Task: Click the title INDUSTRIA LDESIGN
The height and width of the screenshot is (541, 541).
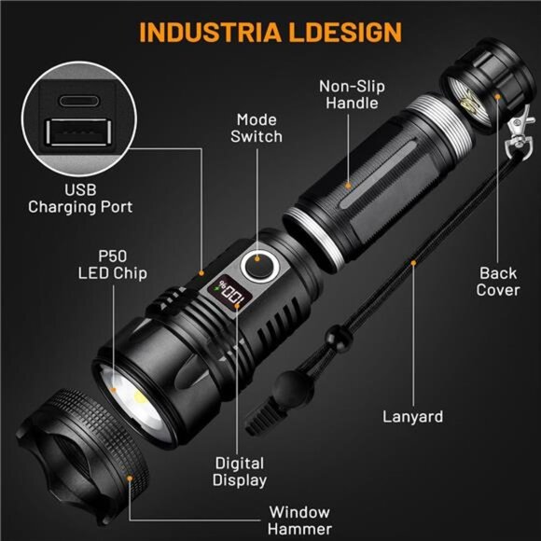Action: click(x=270, y=31)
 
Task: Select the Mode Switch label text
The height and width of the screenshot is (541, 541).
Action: click(x=258, y=128)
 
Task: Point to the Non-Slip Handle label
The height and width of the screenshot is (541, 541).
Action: click(x=352, y=94)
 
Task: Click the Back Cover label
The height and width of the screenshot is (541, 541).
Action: click(x=498, y=281)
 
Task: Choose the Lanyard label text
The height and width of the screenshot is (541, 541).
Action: click(x=411, y=416)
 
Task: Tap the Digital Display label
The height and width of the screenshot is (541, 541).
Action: click(x=240, y=471)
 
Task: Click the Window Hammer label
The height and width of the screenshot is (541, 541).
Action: click(x=299, y=520)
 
